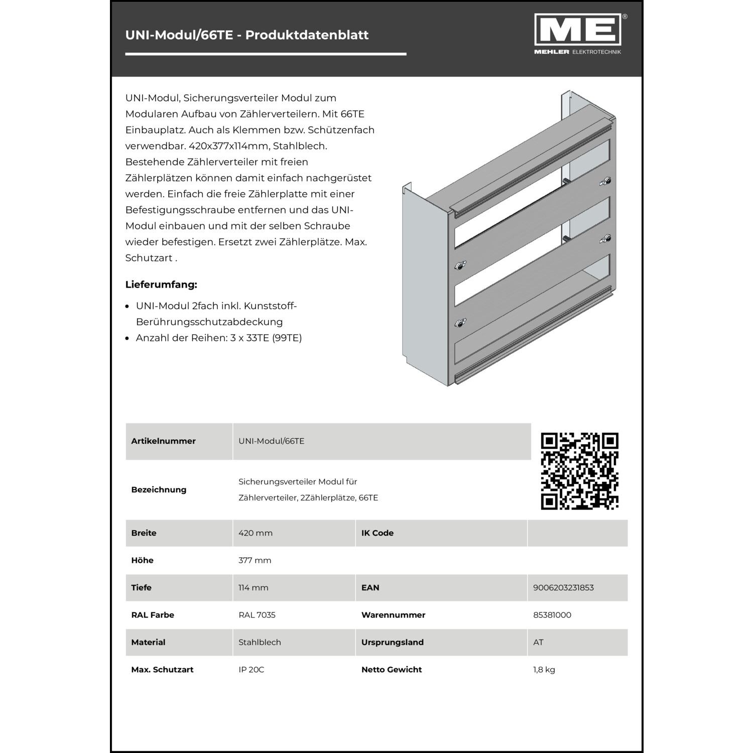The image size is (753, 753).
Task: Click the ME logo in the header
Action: [x=578, y=31]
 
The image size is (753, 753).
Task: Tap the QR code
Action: [x=579, y=471]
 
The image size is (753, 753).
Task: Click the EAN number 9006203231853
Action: [x=563, y=587]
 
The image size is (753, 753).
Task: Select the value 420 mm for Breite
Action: [x=256, y=533]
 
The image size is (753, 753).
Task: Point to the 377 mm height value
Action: [x=255, y=560]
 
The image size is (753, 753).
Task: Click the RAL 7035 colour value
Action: [x=257, y=615]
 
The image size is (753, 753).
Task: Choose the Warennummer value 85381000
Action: [x=552, y=615]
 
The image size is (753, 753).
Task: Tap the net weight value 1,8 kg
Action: [x=544, y=670]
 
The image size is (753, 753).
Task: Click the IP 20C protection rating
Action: [x=251, y=670]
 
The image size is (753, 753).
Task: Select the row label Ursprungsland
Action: [x=393, y=642]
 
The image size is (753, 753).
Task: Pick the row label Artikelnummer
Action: [x=163, y=441]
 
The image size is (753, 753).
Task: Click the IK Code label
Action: [x=378, y=533]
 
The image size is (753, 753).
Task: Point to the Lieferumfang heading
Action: [x=161, y=285]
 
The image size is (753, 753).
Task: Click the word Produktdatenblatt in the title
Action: [x=307, y=35]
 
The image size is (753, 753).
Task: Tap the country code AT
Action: [x=538, y=642]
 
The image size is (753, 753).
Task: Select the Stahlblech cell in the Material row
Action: [x=260, y=642]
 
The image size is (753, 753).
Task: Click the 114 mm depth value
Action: [x=253, y=587]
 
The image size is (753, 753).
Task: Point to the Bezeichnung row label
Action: [x=159, y=489]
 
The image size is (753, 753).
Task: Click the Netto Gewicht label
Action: [x=392, y=670]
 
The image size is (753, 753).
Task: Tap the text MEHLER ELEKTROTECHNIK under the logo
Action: [x=578, y=52]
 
